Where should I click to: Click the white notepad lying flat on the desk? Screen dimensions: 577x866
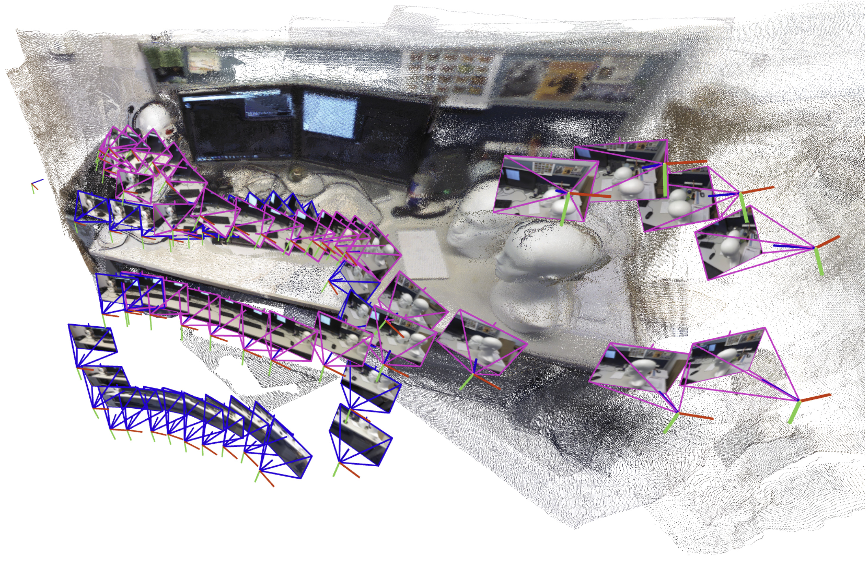(423, 254)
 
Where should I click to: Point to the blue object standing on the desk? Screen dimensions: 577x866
(418, 191)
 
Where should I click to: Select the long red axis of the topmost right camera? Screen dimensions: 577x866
(686, 162)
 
